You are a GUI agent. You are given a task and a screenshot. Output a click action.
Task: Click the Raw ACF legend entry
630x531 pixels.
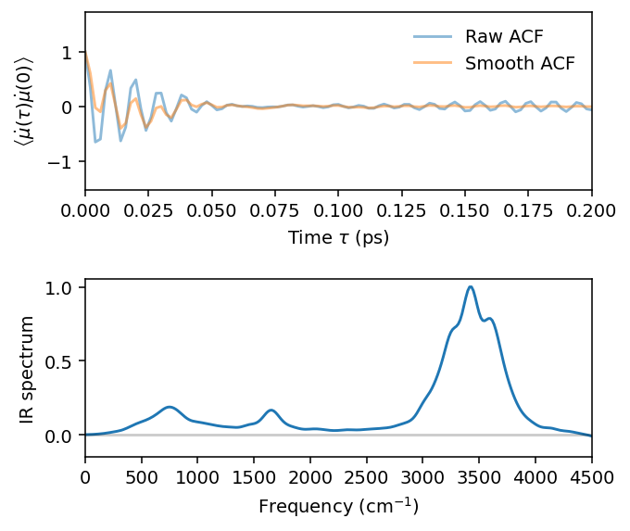(x=504, y=37)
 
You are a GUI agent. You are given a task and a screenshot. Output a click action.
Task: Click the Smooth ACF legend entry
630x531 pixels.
(x=519, y=64)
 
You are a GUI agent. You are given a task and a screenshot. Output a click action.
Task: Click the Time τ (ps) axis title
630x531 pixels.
(x=339, y=237)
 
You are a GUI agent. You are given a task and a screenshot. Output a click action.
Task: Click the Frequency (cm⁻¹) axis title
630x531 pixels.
(x=339, y=506)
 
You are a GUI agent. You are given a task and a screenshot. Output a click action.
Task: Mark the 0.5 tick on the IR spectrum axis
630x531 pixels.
(x=65, y=360)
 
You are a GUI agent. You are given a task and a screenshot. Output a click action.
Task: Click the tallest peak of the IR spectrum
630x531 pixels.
(x=471, y=286)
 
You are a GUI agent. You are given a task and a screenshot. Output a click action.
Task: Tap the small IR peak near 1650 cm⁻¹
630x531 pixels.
(x=271, y=410)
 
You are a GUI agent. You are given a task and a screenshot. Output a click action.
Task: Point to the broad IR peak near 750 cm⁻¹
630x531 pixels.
(x=170, y=407)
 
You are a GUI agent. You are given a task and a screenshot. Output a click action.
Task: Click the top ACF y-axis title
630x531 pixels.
(x=22, y=100)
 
